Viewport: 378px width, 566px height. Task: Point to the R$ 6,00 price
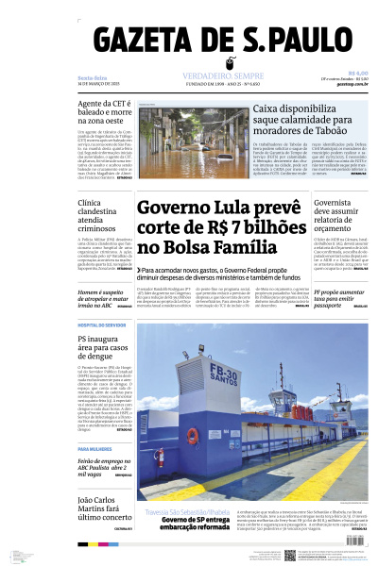pos(357,74)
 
